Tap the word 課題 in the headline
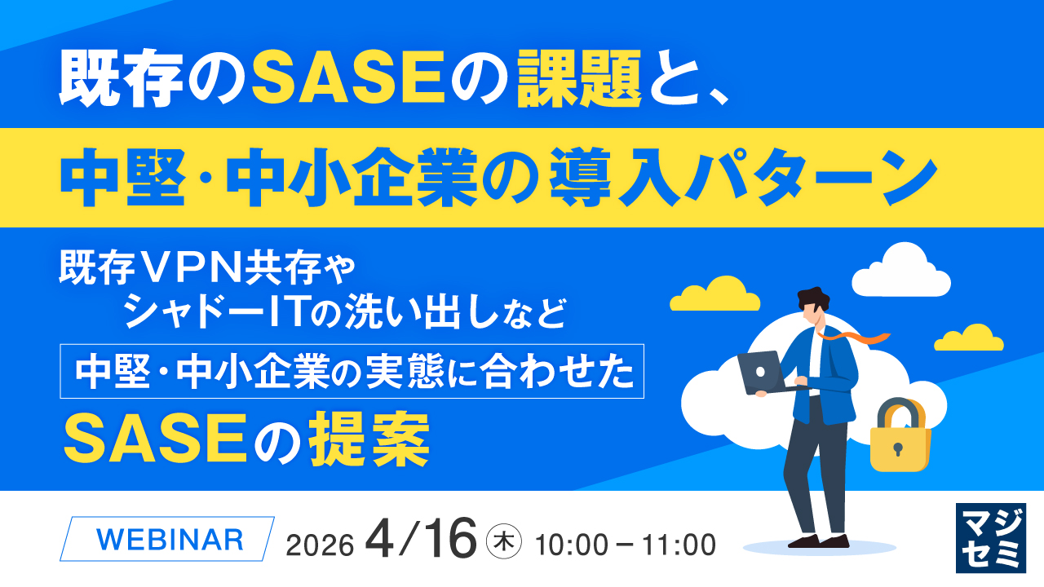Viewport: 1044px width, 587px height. tap(579, 80)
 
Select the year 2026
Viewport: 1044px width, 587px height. tap(320, 545)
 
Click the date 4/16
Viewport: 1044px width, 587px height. tap(421, 540)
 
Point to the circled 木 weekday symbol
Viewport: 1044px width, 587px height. tap(503, 542)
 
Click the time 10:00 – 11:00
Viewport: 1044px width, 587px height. tap(626, 543)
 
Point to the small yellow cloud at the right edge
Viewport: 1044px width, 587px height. tap(969, 338)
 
